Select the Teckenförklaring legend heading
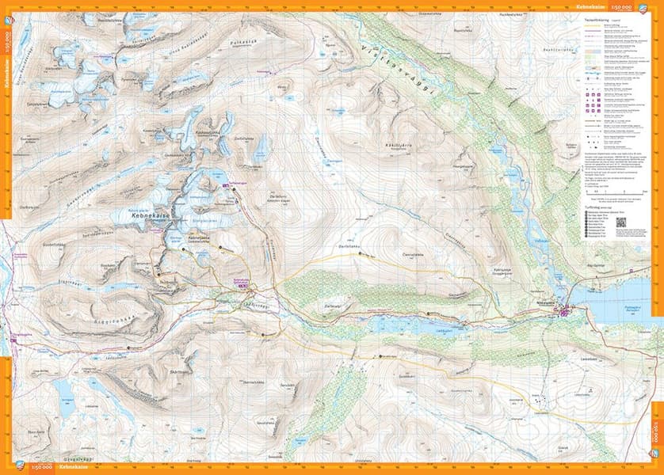[x=602, y=19]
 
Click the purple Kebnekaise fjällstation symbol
[x=244, y=286]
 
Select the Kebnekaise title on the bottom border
[x=70, y=469]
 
